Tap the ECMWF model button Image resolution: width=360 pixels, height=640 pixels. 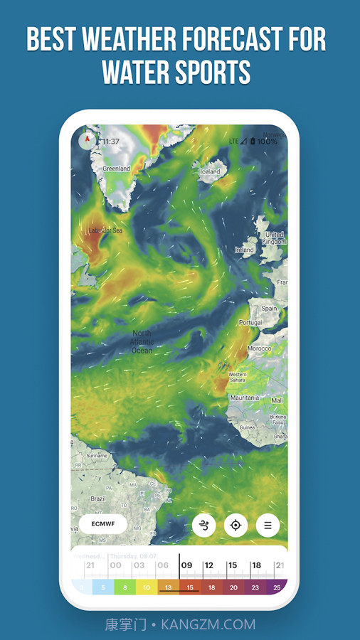click(x=102, y=524)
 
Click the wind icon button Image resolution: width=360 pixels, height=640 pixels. click(x=204, y=526)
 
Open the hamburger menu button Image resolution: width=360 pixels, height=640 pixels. click(x=268, y=526)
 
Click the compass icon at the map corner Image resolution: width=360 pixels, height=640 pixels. click(x=88, y=139)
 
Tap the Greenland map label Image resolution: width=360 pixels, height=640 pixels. click(x=116, y=169)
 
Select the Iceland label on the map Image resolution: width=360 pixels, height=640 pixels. click(x=211, y=171)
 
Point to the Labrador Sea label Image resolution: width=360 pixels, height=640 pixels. click(x=105, y=230)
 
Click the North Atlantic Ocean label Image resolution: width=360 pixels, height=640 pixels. click(x=142, y=341)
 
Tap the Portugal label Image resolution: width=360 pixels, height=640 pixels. click(x=250, y=322)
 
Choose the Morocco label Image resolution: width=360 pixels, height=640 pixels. click(x=259, y=348)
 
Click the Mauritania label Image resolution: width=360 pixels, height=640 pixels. click(x=244, y=398)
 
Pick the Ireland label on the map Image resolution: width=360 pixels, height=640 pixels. click(x=244, y=250)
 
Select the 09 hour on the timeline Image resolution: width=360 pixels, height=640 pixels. click(x=186, y=565)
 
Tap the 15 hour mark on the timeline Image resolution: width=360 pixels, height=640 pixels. click(x=232, y=565)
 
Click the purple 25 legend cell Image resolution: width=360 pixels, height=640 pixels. click(x=277, y=587)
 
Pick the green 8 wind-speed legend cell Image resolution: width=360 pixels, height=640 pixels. click(x=125, y=587)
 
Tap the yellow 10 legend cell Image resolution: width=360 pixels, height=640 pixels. click(x=147, y=587)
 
